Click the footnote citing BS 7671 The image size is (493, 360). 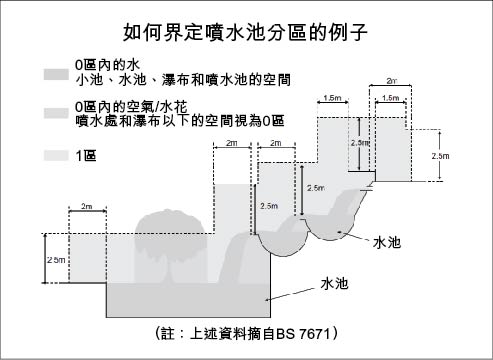246,331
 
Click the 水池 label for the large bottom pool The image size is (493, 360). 333,284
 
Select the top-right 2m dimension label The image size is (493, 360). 390,78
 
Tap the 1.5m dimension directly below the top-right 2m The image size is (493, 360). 389,98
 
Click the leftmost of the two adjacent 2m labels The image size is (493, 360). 231,144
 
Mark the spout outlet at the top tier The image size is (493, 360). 372,184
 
